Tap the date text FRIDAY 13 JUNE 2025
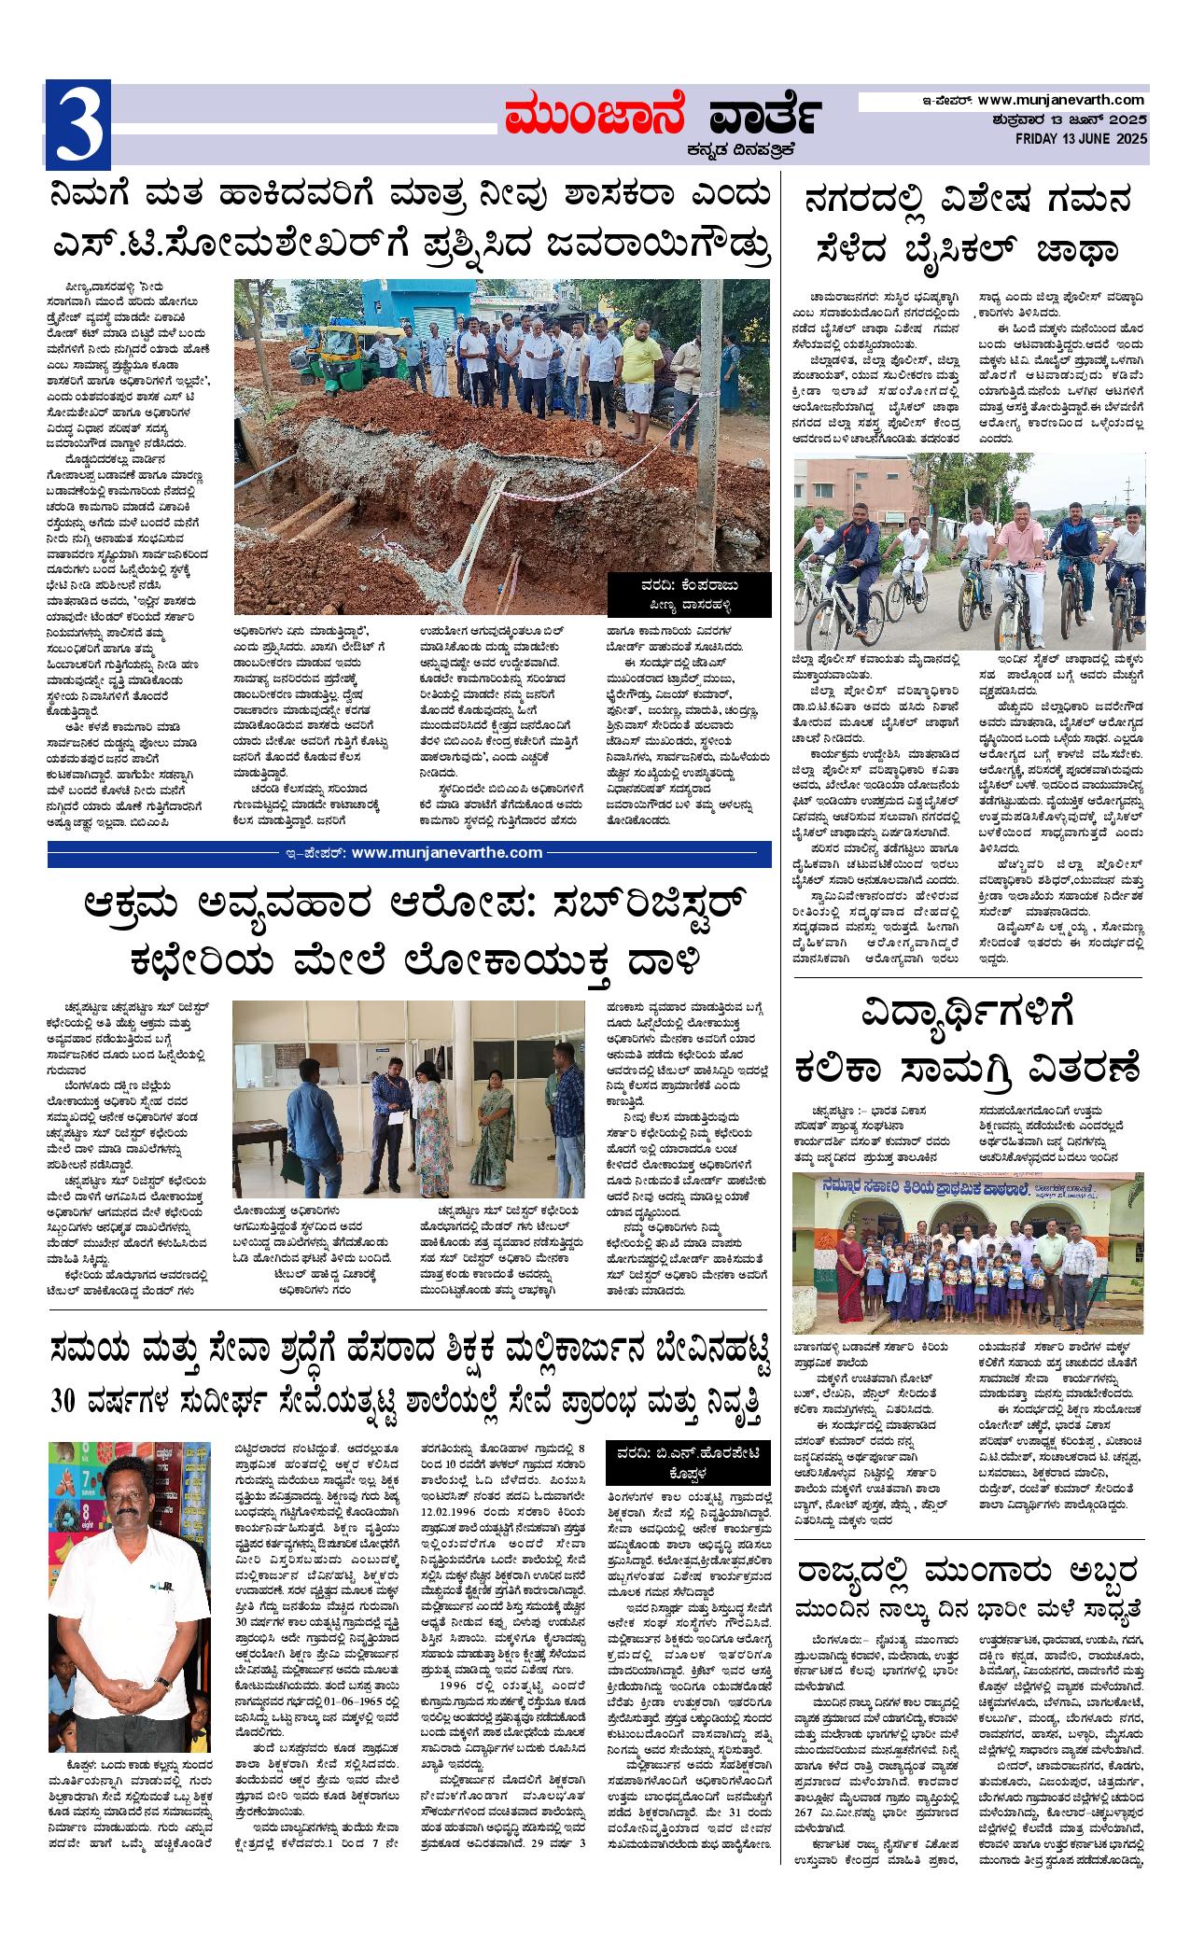coord(1082,138)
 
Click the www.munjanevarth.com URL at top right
coord(1062,100)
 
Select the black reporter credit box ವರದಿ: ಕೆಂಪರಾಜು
coord(690,595)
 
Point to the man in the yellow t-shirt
coord(640,367)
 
